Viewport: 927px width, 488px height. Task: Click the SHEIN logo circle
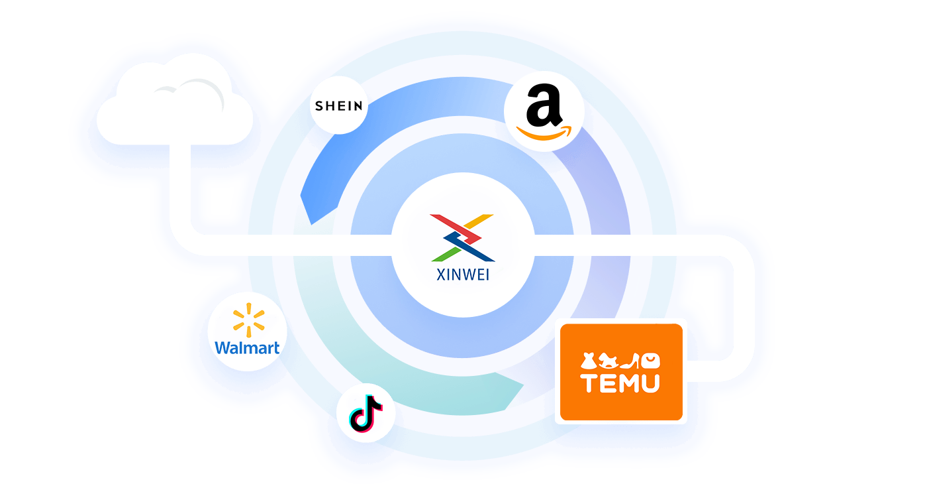pyautogui.click(x=339, y=105)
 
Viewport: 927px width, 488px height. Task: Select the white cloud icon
pyautogui.click(x=175, y=106)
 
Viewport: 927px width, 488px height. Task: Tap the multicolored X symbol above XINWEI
pyautogui.click(x=462, y=237)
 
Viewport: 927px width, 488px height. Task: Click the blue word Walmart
pyautogui.click(x=248, y=347)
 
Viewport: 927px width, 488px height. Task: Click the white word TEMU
pyautogui.click(x=620, y=383)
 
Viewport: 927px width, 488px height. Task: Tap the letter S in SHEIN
pyautogui.click(x=319, y=106)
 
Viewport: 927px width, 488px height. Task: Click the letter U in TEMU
pyautogui.click(x=649, y=383)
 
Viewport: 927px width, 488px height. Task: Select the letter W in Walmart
pyautogui.click(x=223, y=347)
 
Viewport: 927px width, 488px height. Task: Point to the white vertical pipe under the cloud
pyautogui.click(x=181, y=192)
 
